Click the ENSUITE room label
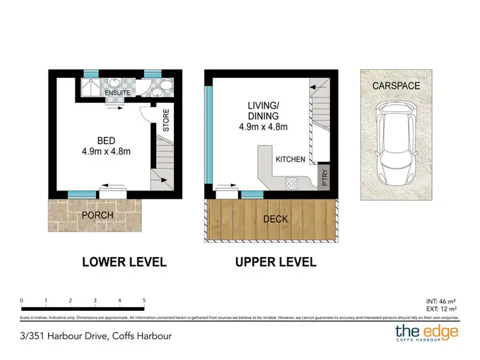click(118, 93)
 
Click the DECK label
click(276, 219)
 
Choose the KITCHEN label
click(290, 159)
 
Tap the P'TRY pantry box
click(324, 177)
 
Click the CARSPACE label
click(397, 86)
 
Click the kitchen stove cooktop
click(291, 184)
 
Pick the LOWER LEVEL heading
click(124, 262)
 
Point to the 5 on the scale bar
click(144, 299)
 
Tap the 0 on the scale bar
click(22, 299)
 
